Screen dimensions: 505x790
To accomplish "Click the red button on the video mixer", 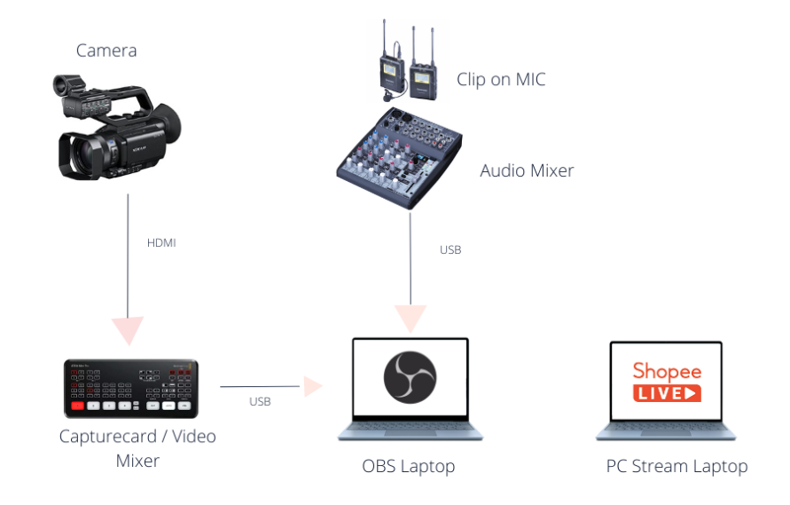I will pyautogui.click(x=78, y=405).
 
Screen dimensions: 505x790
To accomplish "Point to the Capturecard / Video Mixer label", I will pyautogui.click(x=137, y=448).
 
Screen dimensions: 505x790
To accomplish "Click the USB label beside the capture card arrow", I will pyautogui.click(x=260, y=401).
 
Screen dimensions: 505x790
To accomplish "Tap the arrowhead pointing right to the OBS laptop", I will pyautogui.click(x=311, y=386).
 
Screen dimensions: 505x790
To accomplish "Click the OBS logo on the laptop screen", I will pyautogui.click(x=410, y=376).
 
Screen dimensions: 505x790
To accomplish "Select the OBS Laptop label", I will pyautogui.click(x=410, y=466).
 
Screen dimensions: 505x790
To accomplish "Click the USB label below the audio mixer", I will pyautogui.click(x=450, y=250).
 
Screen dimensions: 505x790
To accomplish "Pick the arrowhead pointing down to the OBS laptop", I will pyautogui.click(x=410, y=318).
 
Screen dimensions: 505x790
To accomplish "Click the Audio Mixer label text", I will pyautogui.click(x=527, y=170).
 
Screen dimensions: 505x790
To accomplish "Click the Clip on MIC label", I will pyautogui.click(x=501, y=80).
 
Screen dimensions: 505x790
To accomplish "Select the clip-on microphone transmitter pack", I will pyautogui.click(x=389, y=69).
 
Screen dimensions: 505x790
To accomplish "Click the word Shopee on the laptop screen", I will pyautogui.click(x=667, y=371).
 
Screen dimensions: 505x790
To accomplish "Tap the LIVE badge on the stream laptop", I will pyautogui.click(x=667, y=392).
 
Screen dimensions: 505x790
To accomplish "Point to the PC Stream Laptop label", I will pyautogui.click(x=677, y=466).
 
